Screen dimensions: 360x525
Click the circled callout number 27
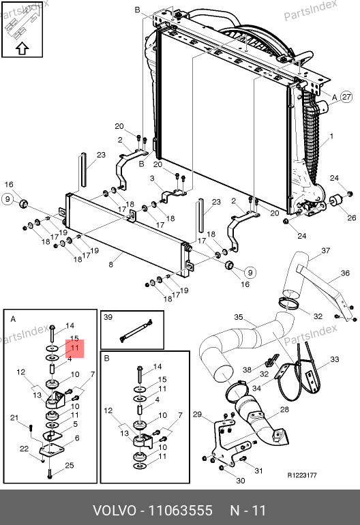[346, 97]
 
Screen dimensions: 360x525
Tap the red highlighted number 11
[75, 348]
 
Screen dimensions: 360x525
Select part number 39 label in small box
[108, 317]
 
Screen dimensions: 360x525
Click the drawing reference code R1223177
[302, 475]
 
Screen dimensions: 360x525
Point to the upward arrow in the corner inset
[22, 48]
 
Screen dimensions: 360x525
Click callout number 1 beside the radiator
[331, 136]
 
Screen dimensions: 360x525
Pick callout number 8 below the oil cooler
[111, 265]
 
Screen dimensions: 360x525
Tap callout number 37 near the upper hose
[325, 250]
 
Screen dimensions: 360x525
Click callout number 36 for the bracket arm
[345, 273]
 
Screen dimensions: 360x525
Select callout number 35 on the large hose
[238, 317]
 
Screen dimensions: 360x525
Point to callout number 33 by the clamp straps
[335, 359]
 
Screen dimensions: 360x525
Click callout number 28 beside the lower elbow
[284, 409]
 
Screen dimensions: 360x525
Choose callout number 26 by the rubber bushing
[352, 217]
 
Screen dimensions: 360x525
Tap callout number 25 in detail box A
[70, 465]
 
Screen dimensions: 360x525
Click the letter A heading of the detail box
[13, 319]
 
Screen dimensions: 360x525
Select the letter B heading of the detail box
[107, 358]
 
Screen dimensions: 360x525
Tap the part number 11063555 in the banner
[180, 511]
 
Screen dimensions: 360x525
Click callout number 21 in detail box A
[14, 417]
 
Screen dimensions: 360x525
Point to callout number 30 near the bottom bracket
[241, 481]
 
